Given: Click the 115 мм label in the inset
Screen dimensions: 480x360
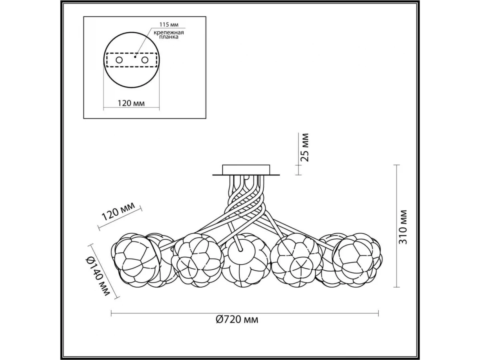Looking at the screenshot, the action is click(x=169, y=24).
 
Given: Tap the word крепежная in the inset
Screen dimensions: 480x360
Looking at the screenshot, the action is click(x=169, y=33).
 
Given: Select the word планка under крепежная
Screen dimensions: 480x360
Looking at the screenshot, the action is click(x=169, y=37).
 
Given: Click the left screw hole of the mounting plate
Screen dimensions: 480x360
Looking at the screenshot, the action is click(x=119, y=60).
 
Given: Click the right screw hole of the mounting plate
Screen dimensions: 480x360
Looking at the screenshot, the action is click(x=145, y=60).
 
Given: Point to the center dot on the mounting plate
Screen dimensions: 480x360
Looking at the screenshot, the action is click(x=135, y=57).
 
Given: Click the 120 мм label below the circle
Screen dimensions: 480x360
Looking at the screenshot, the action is click(x=131, y=103).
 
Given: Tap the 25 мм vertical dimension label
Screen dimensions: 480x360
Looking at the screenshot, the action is click(x=305, y=147).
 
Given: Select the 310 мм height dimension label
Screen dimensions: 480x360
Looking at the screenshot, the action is click(x=403, y=227).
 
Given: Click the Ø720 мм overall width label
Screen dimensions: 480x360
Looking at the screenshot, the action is click(x=237, y=320).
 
